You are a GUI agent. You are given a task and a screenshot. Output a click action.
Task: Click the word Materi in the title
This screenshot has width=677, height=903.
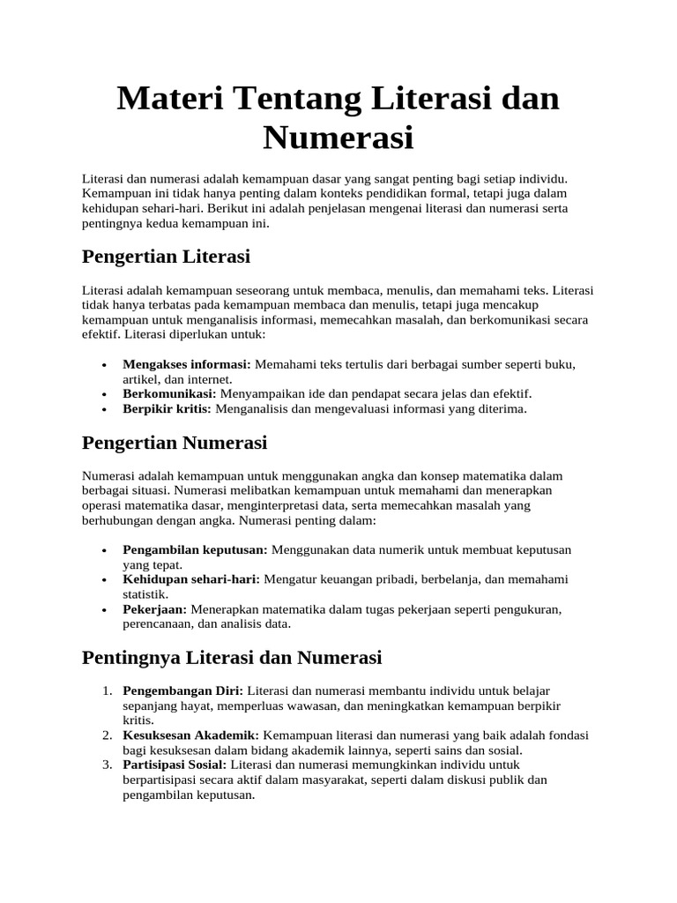(168, 99)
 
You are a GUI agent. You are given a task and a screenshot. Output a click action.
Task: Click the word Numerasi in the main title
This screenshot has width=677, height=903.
(338, 138)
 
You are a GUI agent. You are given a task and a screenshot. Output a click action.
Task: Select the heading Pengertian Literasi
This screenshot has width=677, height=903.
(166, 257)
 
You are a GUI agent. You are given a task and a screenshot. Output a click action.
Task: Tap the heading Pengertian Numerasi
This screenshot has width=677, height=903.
(174, 442)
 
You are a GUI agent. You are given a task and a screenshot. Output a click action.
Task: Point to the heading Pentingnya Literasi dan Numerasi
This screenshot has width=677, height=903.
(231, 657)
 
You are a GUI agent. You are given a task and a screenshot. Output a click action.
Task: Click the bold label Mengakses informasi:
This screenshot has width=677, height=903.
(187, 363)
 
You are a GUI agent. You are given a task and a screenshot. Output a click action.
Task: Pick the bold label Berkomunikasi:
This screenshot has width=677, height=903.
(169, 393)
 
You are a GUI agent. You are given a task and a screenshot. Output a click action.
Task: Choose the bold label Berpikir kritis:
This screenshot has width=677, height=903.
(167, 409)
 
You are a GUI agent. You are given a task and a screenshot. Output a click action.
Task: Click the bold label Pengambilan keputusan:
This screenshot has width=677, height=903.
(195, 549)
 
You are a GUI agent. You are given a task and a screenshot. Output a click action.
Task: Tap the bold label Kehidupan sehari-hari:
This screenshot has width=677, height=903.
(190, 579)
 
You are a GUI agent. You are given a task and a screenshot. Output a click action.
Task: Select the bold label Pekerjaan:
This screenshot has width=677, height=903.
(155, 609)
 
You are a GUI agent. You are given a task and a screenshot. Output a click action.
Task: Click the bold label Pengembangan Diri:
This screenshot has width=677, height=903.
(182, 690)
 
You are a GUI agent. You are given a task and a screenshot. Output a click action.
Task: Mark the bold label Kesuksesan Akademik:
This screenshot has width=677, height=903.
(190, 735)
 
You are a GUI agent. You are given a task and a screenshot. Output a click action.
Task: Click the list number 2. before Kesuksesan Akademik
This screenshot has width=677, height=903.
(106, 735)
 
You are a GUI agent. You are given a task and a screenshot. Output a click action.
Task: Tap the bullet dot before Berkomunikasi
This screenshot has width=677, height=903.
(104, 394)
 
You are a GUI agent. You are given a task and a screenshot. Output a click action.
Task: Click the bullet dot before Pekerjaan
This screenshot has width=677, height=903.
(104, 610)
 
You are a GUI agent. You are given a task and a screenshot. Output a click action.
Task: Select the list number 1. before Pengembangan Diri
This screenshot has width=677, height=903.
(106, 690)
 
